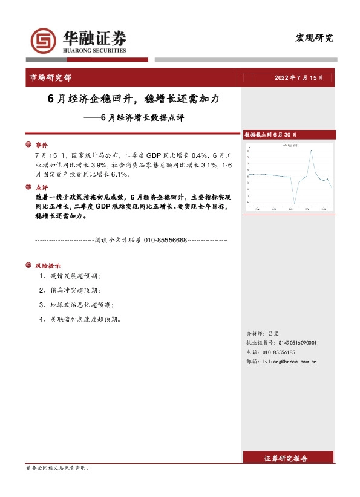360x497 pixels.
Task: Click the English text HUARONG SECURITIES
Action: pos(94,51)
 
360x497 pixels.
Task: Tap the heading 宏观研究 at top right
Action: pos(315,37)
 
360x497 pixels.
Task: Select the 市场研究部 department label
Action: pos(50,77)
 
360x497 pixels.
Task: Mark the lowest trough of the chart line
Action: pos(295,204)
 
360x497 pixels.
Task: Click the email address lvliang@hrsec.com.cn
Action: pos(287,361)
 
